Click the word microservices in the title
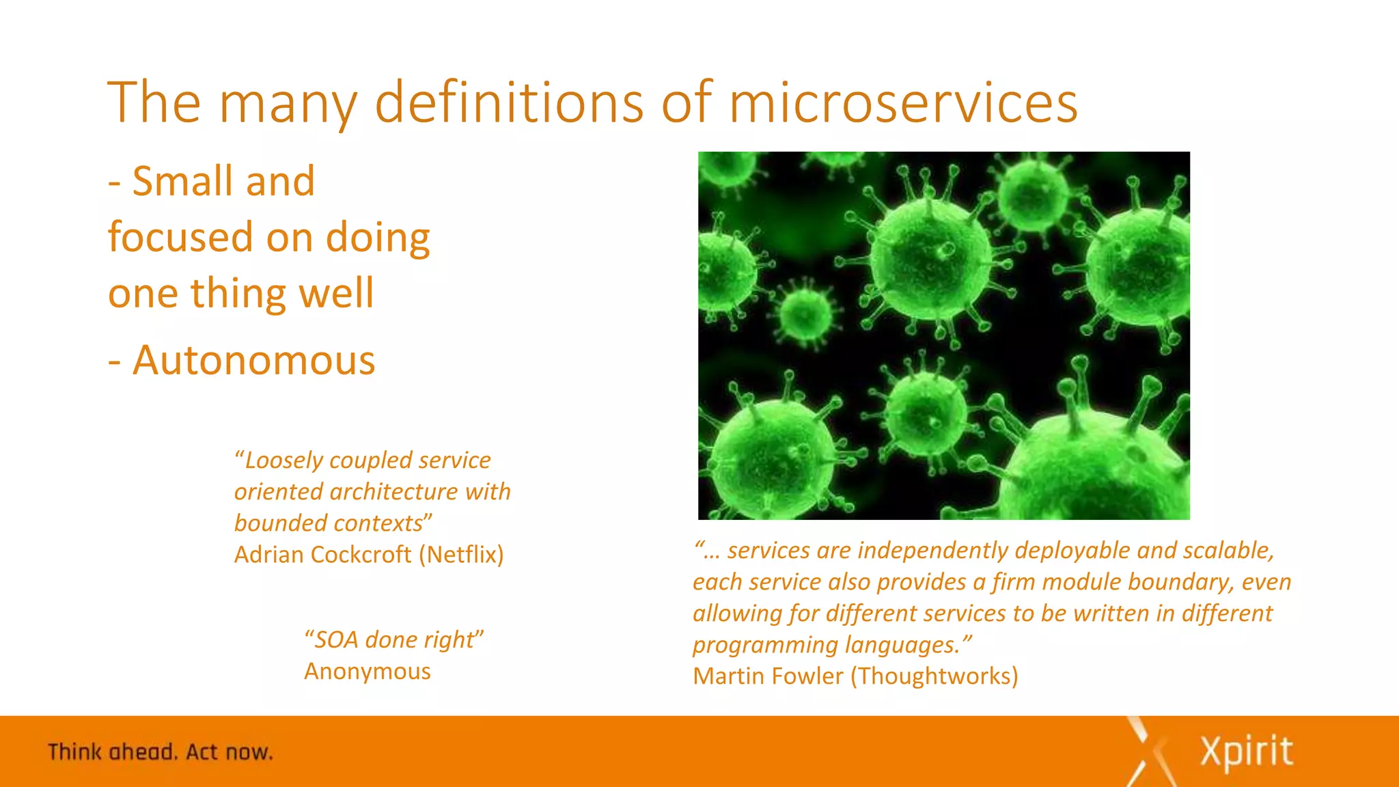(x=903, y=102)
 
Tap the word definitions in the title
(x=509, y=102)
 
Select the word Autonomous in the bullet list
(x=254, y=360)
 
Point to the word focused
(x=180, y=238)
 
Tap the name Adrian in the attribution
(x=269, y=555)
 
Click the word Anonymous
(x=368, y=672)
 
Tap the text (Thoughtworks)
(x=934, y=676)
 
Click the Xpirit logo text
(x=1246, y=752)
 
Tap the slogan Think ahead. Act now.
(x=161, y=752)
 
